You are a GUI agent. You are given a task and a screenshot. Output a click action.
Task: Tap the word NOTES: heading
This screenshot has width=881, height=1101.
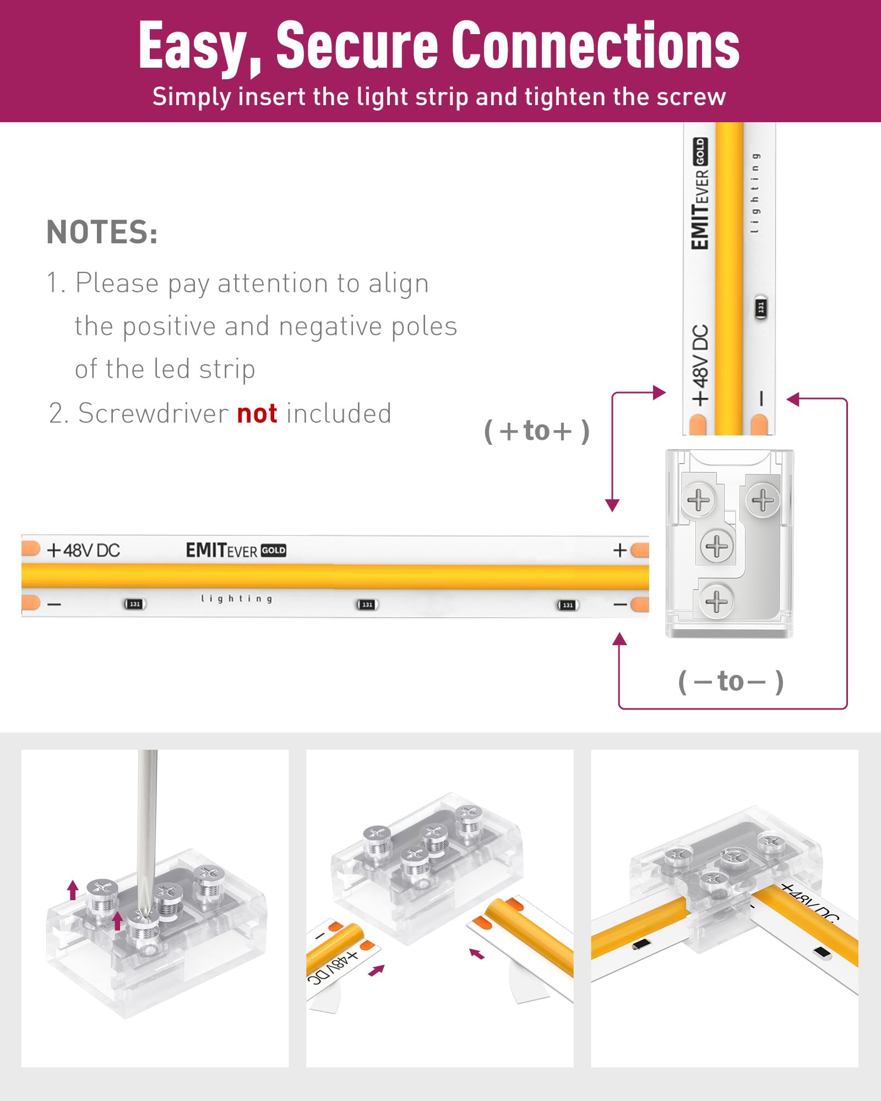[102, 232]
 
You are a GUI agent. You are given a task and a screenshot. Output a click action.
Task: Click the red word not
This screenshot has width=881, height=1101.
[257, 413]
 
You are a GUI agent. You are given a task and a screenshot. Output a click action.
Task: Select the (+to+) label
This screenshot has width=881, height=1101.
[537, 431]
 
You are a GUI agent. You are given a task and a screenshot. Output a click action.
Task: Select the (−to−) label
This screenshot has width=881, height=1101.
[731, 682]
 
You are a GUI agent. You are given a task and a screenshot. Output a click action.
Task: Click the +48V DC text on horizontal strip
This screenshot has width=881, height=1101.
[84, 550]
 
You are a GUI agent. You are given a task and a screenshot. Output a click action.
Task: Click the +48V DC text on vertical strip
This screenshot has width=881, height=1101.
[700, 365]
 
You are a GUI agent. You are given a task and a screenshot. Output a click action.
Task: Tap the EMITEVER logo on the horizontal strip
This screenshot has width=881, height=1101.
[235, 550]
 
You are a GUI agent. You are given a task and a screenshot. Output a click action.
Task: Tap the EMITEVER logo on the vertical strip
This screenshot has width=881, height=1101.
[700, 194]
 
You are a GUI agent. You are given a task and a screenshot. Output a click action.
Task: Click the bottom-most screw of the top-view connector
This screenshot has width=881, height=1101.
[716, 601]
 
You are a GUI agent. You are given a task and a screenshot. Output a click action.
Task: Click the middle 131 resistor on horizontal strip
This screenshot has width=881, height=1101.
[367, 604]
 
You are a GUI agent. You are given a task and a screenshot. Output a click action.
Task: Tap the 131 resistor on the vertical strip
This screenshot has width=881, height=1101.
[760, 307]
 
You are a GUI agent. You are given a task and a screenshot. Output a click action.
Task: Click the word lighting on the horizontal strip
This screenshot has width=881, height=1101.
[236, 598]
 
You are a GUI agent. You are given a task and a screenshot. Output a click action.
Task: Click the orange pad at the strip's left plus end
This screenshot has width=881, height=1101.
[30, 548]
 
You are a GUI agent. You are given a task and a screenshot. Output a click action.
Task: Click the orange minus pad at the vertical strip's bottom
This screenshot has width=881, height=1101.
[759, 425]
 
